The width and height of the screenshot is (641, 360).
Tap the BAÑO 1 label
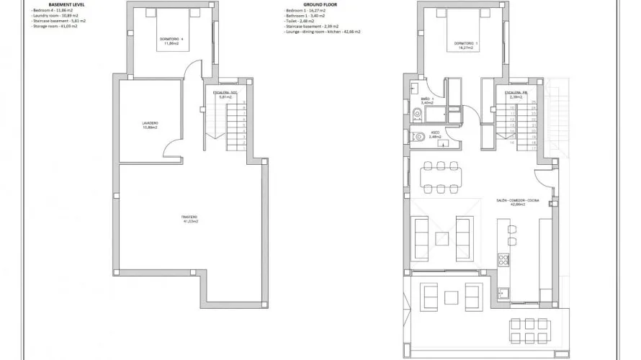tap(427, 101)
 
